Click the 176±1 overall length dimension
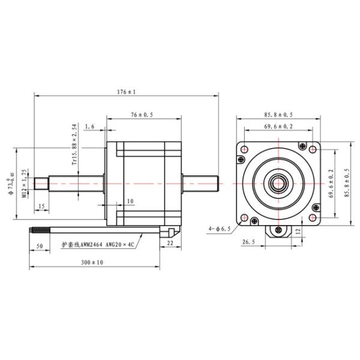[127, 92]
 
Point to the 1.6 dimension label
[90, 127]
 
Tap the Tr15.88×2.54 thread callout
[74, 144]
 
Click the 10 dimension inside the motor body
[130, 201]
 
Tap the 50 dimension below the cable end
[39, 246]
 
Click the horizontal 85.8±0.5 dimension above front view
[278, 114]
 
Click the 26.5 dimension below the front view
[249, 242]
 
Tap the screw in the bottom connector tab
[278, 230]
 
